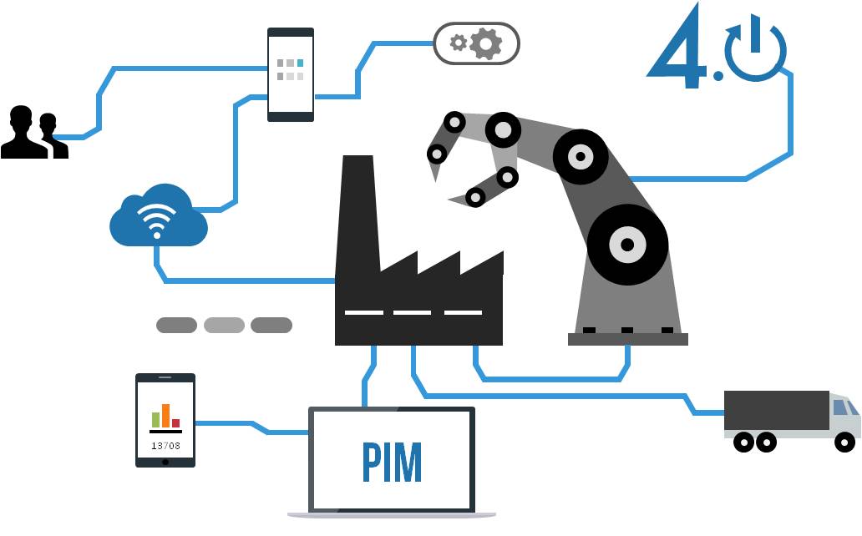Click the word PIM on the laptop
point(392,462)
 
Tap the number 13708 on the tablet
point(165,445)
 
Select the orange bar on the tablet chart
point(165,415)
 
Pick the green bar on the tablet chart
point(155,419)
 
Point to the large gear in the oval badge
point(485,43)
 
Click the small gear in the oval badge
point(457,43)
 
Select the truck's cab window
point(844,408)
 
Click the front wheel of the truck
point(845,442)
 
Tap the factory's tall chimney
point(357,209)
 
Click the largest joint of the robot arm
point(627,245)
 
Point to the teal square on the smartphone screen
point(301,63)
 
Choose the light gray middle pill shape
point(224,325)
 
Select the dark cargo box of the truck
point(776,410)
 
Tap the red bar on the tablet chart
point(175,422)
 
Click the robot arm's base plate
point(627,339)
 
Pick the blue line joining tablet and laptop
point(251,425)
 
